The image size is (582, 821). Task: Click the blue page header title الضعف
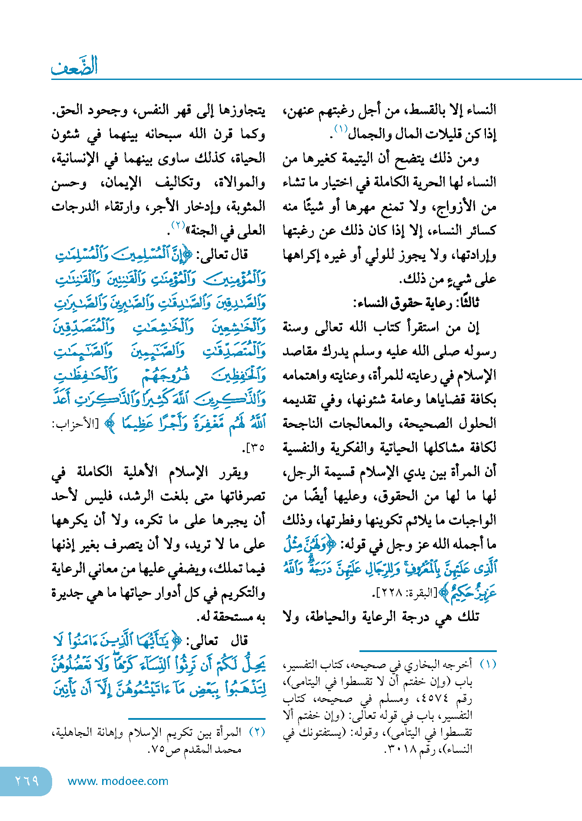74,66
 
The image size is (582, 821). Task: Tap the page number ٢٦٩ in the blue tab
27,781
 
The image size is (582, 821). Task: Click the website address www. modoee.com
118,781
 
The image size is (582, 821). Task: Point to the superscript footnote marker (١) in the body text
340,129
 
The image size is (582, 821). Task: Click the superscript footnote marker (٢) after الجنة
178,225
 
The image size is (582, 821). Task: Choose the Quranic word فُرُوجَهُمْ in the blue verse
166,376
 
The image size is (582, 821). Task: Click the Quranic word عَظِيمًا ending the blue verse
138,423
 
